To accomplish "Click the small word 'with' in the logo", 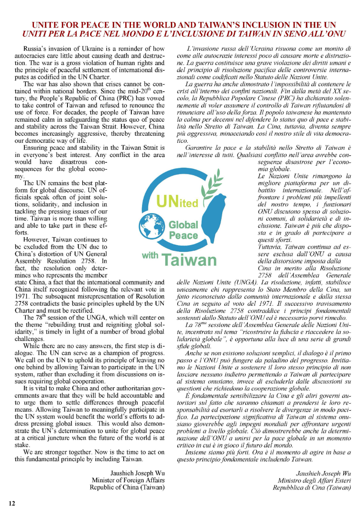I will click(x=150, y=255).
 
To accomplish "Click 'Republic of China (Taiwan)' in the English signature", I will click(x=127, y=487).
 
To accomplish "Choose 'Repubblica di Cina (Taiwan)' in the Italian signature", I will click(x=312, y=487).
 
